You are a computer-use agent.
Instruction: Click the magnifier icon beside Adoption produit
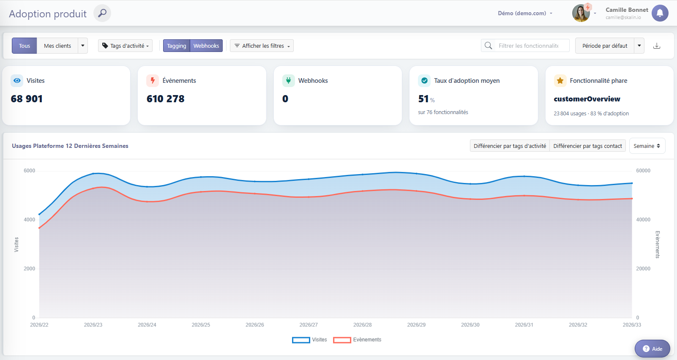coord(102,13)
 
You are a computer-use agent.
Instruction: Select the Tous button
coord(25,46)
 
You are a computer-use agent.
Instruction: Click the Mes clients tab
coord(57,46)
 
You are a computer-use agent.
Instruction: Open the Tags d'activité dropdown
coord(125,46)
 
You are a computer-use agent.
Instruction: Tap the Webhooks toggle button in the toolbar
coord(206,46)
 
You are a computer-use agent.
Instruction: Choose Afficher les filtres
coord(262,46)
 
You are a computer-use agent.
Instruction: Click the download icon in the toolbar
coord(657,46)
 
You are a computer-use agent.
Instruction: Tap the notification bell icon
coord(660,13)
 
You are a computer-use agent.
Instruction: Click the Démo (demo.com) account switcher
coord(525,13)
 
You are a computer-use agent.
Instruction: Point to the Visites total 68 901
coord(27,99)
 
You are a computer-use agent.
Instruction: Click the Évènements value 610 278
coord(165,99)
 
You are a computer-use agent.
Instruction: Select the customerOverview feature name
coord(587,99)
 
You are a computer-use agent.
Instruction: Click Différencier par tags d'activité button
coord(510,146)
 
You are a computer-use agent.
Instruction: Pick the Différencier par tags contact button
coord(587,146)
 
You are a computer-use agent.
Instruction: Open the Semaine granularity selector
coord(647,146)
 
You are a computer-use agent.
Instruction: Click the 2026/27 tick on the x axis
coord(308,325)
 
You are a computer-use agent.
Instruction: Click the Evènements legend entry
coord(357,340)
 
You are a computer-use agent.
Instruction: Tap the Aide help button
coord(652,349)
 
